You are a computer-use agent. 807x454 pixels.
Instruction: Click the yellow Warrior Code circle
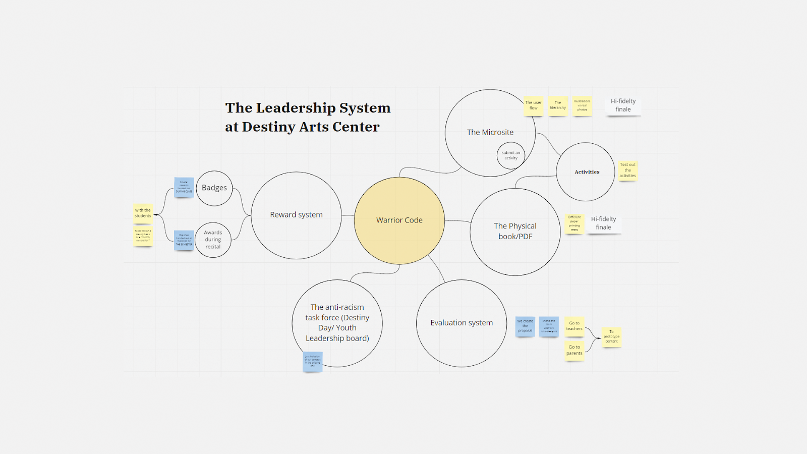pos(399,220)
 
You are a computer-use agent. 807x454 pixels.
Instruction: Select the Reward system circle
pos(296,215)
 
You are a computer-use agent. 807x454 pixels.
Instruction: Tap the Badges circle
pos(214,188)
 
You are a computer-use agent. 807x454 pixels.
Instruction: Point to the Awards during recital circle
pos(213,240)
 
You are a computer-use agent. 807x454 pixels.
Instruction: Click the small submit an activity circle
pos(511,155)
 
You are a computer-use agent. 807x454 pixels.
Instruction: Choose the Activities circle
pos(587,172)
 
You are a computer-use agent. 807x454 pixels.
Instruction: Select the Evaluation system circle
pos(462,323)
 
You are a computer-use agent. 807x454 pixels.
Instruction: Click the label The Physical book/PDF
pos(515,231)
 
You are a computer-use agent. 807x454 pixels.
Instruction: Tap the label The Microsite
pos(490,132)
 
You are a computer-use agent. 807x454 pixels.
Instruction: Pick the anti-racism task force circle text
pos(337,322)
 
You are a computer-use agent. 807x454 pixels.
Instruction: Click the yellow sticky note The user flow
pos(533,105)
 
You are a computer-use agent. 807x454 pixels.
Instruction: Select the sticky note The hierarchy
pos(558,105)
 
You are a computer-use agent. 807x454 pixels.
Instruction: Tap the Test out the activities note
pos(627,170)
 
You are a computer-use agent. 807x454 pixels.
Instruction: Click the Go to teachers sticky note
pos(574,326)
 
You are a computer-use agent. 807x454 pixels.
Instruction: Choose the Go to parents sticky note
pos(574,350)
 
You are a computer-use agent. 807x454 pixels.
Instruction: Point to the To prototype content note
pos(611,336)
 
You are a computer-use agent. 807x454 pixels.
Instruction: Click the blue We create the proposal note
pos(525,326)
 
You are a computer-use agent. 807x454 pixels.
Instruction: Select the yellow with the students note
pos(143,213)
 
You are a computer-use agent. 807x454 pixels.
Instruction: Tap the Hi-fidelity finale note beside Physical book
pos(603,223)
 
